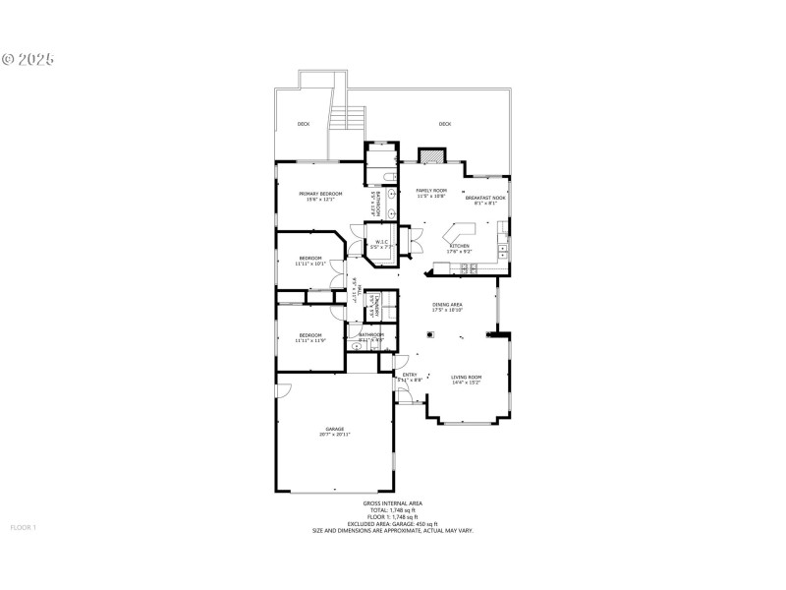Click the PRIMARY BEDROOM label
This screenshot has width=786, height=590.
(x=320, y=196)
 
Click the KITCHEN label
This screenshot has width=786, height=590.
(x=459, y=248)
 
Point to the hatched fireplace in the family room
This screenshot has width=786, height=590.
(x=430, y=156)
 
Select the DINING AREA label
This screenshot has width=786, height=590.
(x=447, y=307)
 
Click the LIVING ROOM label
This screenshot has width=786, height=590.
(x=466, y=379)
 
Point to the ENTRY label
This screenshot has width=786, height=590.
(x=410, y=376)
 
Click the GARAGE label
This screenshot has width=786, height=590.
(x=336, y=431)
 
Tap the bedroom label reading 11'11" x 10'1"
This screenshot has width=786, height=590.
(x=310, y=260)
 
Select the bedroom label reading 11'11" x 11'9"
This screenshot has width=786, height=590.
(x=310, y=337)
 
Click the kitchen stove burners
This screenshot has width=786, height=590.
(x=503, y=250)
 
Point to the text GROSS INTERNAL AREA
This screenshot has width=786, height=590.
(x=392, y=503)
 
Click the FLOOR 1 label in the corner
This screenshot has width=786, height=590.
(x=23, y=527)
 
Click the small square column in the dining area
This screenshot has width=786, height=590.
(x=428, y=334)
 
